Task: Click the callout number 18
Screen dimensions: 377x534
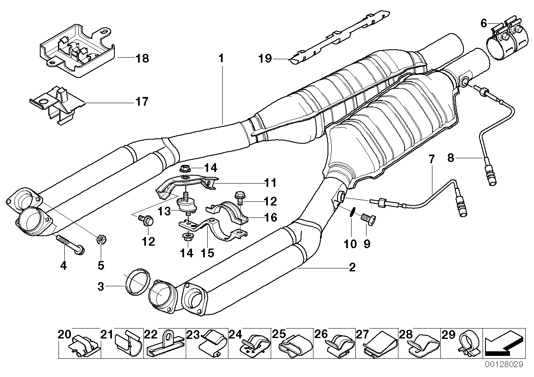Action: (x=142, y=58)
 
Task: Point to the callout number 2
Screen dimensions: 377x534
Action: (x=352, y=268)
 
